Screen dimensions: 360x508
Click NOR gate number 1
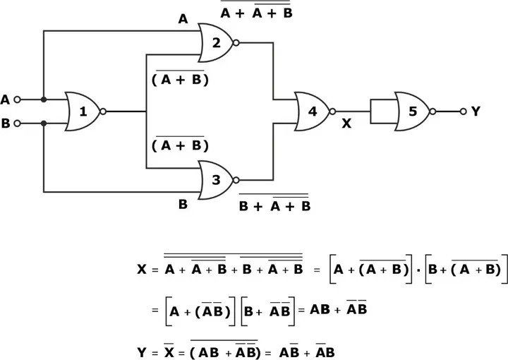click(82, 112)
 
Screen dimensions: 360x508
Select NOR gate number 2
click(216, 42)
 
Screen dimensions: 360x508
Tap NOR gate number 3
click(216, 179)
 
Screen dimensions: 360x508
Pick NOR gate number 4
click(311, 111)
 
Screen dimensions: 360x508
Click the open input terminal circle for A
click(18, 100)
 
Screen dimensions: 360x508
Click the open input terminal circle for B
click(18, 123)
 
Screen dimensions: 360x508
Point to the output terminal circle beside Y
click(463, 112)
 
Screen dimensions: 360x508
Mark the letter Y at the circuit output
click(476, 112)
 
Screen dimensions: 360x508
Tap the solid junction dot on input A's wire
click(44, 100)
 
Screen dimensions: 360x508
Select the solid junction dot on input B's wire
click(44, 123)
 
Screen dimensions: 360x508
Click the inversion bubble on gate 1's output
click(103, 112)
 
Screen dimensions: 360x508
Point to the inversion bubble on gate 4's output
click(332, 112)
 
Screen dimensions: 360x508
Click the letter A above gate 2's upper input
click(183, 20)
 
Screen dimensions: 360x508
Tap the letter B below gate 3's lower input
click(183, 205)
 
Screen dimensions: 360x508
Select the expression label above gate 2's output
click(255, 12)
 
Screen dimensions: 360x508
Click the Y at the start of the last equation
click(142, 350)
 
